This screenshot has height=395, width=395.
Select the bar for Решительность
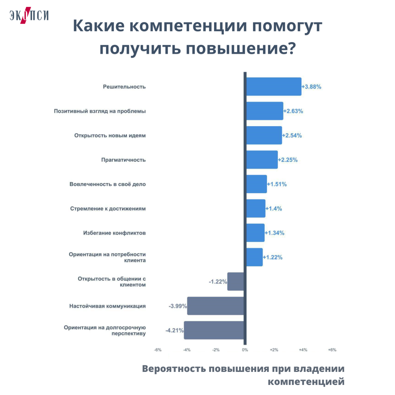pyautogui.click(x=273, y=86)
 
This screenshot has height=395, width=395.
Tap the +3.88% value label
pyautogui.click(x=312, y=87)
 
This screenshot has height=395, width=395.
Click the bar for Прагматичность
pyautogui.click(x=262, y=160)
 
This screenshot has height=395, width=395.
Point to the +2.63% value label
pyautogui.click(x=293, y=111)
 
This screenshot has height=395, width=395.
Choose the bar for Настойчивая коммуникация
pyautogui.click(x=216, y=306)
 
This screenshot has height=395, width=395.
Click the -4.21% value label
pyautogui.click(x=174, y=331)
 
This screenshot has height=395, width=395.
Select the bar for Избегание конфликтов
pyautogui.click(x=255, y=233)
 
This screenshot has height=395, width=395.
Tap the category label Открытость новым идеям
pyautogui.click(x=110, y=135)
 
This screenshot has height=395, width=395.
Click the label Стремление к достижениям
pyautogui.click(x=108, y=209)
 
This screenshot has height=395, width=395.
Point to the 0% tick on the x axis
pyautogui.click(x=245, y=350)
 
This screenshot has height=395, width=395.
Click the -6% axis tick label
pyautogui.click(x=157, y=350)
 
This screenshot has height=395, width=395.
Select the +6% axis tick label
pyautogui.click(x=332, y=350)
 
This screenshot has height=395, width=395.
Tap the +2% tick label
pyautogui.click(x=273, y=350)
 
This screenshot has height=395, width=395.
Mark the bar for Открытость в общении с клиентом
pyautogui.click(x=235, y=282)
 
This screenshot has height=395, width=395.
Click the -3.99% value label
pyautogui.click(x=177, y=306)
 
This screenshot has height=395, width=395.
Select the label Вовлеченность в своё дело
pyautogui.click(x=108, y=184)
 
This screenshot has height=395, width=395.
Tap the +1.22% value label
pyautogui.click(x=273, y=257)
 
